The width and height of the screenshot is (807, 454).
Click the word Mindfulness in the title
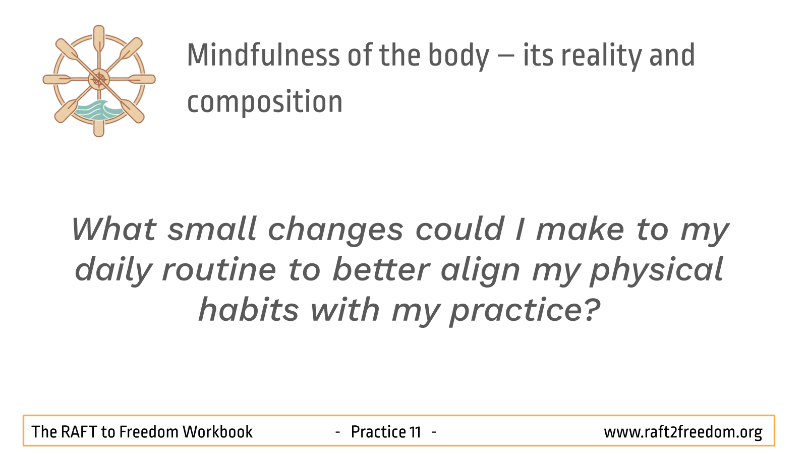tap(263, 55)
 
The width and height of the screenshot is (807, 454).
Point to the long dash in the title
tap(506, 56)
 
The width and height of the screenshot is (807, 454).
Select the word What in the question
tap(113, 229)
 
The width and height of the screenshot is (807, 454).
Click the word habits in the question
tap(249, 310)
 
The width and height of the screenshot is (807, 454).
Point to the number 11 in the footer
tap(415, 432)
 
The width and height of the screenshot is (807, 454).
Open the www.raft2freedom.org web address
tap(683, 432)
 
